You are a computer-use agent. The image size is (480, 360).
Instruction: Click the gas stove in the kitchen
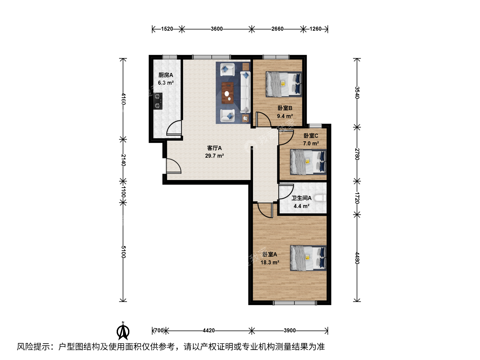[x=158, y=101]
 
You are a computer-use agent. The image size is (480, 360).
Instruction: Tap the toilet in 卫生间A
[x=320, y=198]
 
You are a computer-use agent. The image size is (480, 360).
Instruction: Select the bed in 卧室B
[x=284, y=84]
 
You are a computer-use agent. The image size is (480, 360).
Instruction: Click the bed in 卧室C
[x=308, y=162]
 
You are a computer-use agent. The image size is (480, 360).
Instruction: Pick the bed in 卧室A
[x=308, y=258]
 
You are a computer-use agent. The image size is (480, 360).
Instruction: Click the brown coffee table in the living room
[x=227, y=93]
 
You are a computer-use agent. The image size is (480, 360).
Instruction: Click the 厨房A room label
[x=166, y=75]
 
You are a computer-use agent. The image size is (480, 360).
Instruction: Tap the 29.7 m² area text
[x=214, y=156]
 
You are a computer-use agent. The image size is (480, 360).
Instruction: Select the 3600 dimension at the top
[x=216, y=29]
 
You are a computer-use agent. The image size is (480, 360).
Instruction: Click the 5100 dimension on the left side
[x=123, y=252]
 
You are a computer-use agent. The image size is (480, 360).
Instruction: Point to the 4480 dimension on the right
[x=357, y=258]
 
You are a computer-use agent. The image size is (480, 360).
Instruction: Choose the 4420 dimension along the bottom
[x=209, y=330]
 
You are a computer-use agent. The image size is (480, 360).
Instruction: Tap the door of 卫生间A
[x=286, y=192]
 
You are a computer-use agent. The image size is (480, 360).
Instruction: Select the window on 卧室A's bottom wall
[x=295, y=303]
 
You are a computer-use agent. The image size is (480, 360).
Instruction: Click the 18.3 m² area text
[x=270, y=262]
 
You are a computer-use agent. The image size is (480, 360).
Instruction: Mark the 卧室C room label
[x=311, y=136]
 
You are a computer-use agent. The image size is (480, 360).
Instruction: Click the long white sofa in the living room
[x=245, y=92]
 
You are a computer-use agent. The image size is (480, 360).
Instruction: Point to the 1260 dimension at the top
[x=315, y=29]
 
